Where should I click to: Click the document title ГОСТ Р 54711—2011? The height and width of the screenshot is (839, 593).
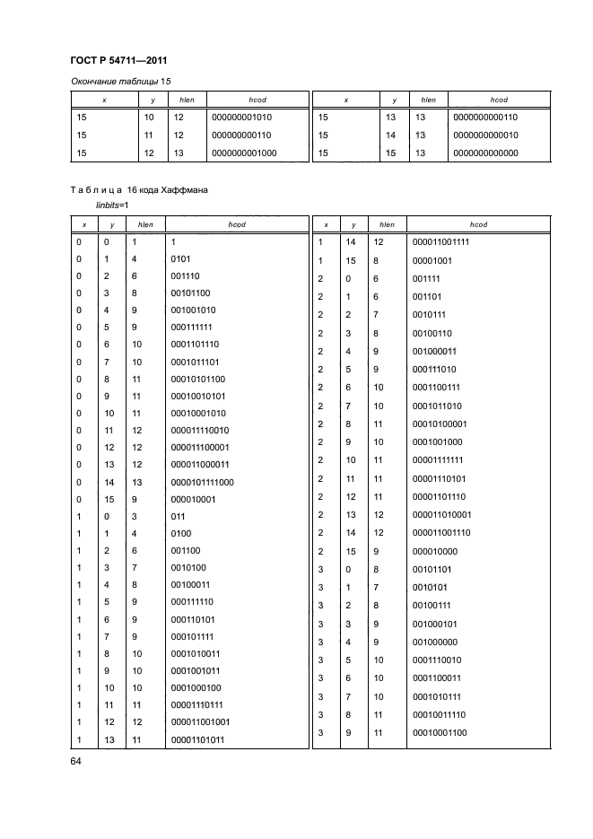[119, 61]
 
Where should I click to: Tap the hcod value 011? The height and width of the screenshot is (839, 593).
[176, 518]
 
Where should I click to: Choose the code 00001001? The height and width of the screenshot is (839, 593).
[432, 261]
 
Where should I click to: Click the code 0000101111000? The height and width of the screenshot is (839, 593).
[201, 482]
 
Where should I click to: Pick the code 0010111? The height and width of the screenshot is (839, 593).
[430, 315]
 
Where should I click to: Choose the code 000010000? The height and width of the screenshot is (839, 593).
[435, 551]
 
